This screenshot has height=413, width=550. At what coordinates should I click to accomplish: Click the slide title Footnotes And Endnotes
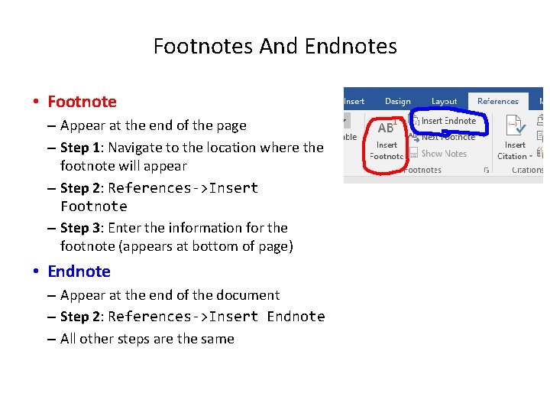275,47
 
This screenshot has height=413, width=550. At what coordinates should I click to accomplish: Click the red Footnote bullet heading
82,102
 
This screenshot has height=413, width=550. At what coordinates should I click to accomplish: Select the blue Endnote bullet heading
79,272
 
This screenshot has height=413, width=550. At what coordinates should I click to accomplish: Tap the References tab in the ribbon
497,101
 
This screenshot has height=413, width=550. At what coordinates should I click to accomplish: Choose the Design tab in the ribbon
397,101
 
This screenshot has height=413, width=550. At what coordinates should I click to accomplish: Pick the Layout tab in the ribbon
444,101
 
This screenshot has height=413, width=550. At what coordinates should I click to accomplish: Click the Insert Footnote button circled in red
387,141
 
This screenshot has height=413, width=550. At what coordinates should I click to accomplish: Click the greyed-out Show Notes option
443,153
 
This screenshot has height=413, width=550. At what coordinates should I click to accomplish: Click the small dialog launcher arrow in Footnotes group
487,171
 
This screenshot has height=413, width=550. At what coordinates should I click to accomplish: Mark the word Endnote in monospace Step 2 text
296,317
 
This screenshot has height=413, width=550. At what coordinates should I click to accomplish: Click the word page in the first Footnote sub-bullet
231,125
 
